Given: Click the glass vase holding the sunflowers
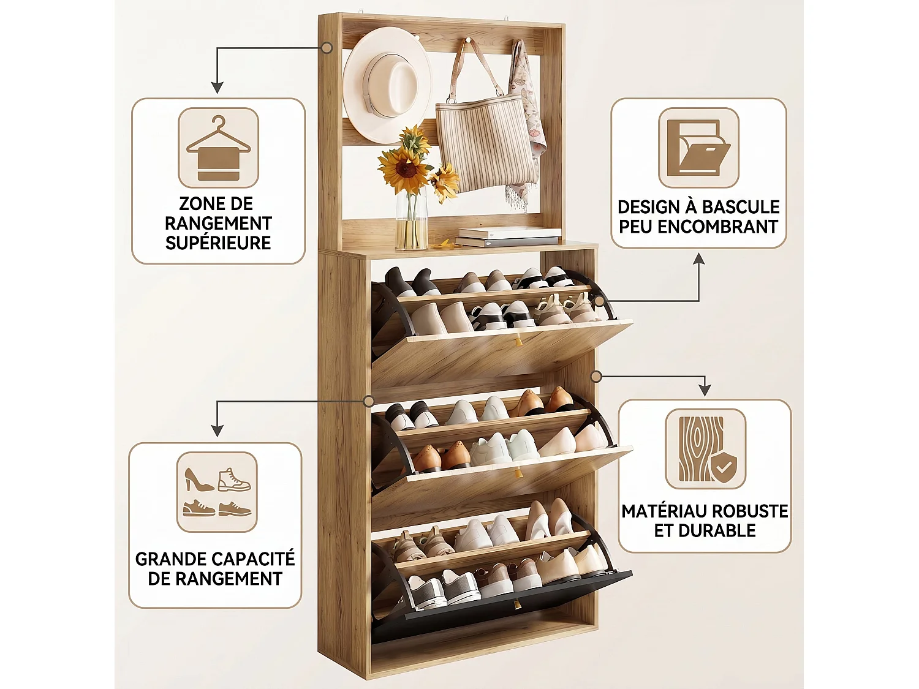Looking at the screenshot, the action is point(411,220).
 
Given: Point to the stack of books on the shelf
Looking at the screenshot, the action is point(508,237).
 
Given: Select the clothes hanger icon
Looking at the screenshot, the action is point(218,148).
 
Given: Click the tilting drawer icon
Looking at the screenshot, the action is point(698,147).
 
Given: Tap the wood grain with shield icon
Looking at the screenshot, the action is point(705,448).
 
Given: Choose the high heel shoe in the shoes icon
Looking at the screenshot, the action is point(199,480).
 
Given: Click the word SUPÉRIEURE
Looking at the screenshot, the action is point(218,243).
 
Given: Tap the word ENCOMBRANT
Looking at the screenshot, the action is point(717,227).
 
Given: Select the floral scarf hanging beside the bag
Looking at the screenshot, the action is point(527,126).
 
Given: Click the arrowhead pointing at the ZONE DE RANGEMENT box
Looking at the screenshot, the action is point(217,88).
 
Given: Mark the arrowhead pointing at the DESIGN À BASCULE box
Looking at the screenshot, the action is point(698,259).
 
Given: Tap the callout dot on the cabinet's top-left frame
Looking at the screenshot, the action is point(327,48).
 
